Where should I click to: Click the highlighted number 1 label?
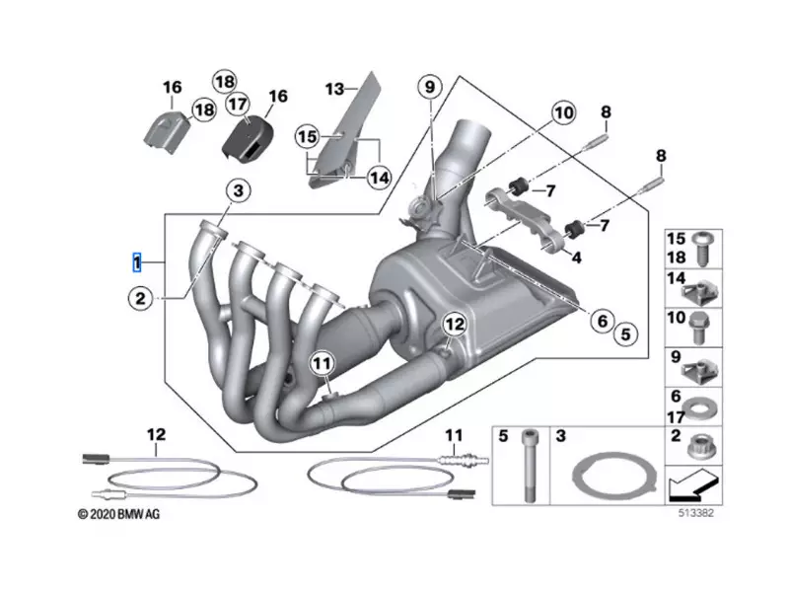click(x=137, y=262)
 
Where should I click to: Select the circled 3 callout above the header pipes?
click(x=238, y=190)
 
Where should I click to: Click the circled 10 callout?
click(x=562, y=113)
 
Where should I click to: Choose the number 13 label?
click(x=335, y=89)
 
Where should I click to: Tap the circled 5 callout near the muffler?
click(x=623, y=334)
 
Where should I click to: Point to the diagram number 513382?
click(x=695, y=514)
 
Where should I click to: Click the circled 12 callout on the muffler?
click(x=453, y=324)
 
